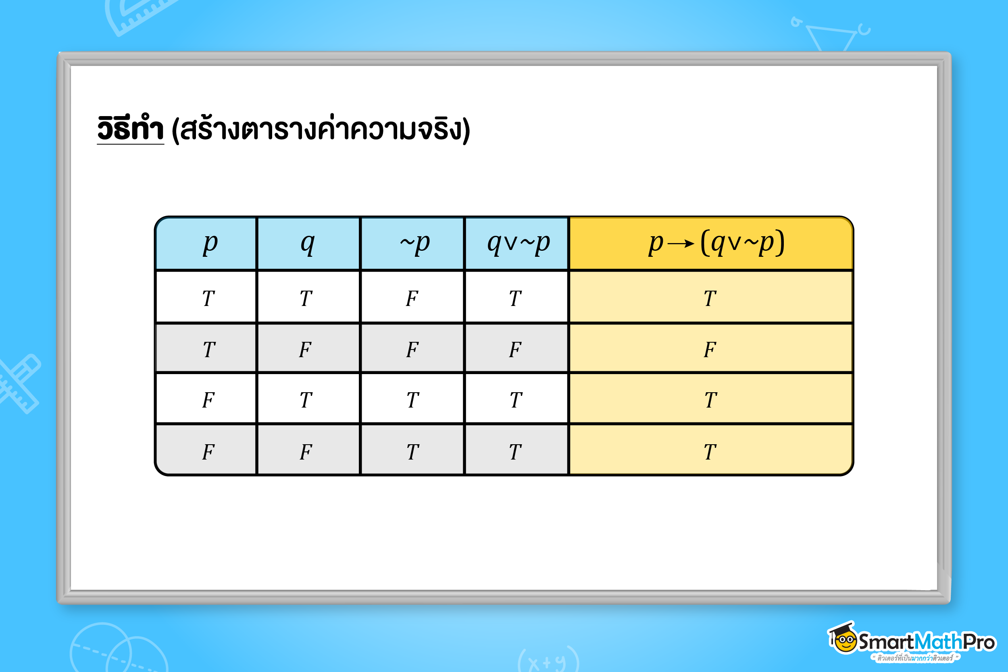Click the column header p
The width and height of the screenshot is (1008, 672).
[x=210, y=244]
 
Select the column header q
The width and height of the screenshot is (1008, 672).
[x=308, y=244]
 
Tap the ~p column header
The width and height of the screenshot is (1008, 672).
[x=415, y=243]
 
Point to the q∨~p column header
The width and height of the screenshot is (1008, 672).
[x=518, y=243]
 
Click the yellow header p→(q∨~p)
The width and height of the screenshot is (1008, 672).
[x=716, y=243]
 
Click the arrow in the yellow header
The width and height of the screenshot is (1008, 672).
[x=681, y=244]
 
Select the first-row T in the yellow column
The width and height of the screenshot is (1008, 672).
[x=710, y=298]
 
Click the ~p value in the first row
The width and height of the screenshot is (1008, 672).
[x=412, y=298]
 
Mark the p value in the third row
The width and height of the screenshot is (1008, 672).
[x=208, y=400]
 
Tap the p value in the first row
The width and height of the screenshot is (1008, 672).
[x=208, y=298]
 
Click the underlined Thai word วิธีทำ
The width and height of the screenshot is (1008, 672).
[x=130, y=129]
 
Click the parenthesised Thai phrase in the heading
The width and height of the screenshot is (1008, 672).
[x=321, y=129]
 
